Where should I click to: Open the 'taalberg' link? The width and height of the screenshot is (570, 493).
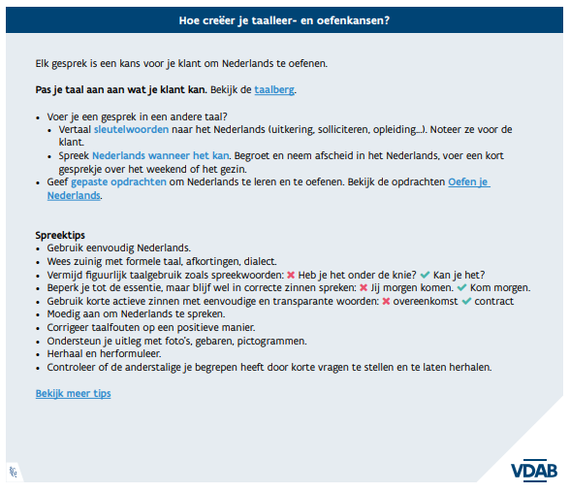[x=274, y=89]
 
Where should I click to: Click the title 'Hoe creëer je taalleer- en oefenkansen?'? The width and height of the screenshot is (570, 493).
[x=285, y=19]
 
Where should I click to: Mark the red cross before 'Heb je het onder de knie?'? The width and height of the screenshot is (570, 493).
[x=291, y=276]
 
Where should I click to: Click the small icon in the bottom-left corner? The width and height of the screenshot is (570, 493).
[x=15, y=472]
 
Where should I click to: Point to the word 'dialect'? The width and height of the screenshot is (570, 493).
[x=257, y=262]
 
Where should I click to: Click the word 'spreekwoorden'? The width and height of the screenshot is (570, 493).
[x=248, y=276]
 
